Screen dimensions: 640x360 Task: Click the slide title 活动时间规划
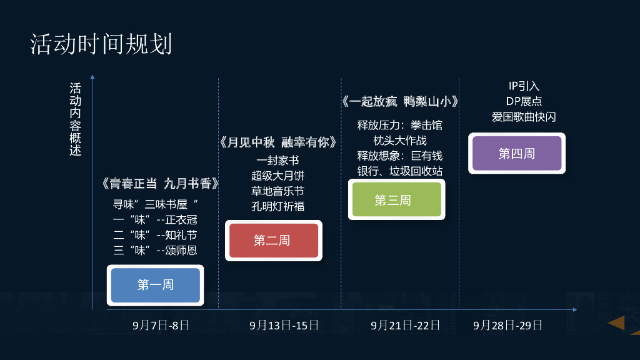(101, 45)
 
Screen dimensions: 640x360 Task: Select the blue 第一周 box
(155, 285)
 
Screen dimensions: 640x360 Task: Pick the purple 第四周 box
(516, 153)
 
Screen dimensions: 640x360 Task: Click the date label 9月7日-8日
(161, 326)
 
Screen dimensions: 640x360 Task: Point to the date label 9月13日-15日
(284, 326)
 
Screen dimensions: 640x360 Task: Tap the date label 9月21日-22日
(405, 326)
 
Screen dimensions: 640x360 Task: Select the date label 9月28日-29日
(507, 326)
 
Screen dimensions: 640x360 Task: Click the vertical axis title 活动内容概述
(75, 119)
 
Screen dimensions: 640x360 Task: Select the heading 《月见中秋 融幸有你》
(278, 142)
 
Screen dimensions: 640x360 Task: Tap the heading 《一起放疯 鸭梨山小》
(400, 102)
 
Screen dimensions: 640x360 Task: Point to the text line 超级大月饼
(277, 176)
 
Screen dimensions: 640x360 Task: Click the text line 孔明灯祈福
(277, 206)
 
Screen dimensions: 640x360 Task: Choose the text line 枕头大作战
(400, 140)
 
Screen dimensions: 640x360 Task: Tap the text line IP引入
(524, 86)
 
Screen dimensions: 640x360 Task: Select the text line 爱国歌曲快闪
(524, 117)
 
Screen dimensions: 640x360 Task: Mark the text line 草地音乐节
(277, 191)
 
